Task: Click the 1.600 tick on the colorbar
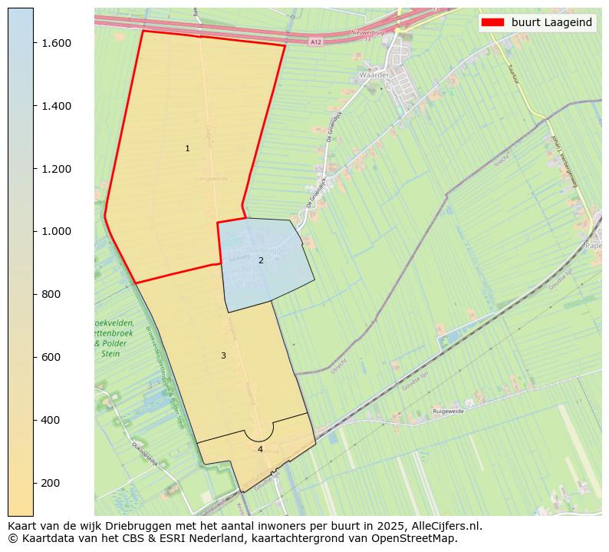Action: [57, 43]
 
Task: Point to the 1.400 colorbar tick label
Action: [57, 106]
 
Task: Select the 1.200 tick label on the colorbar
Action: [57, 169]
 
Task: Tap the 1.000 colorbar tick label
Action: [57, 231]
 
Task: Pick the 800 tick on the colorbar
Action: [51, 294]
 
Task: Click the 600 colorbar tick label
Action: [51, 357]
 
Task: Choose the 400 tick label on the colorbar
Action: [51, 420]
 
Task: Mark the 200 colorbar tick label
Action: [51, 483]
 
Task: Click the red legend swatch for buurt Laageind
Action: [492, 22]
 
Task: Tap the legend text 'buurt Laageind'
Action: [551, 22]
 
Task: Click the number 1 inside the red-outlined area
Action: [187, 148]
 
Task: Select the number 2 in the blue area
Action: [261, 260]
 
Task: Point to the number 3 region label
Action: [223, 355]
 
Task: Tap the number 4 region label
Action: [260, 449]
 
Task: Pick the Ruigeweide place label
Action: [449, 412]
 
